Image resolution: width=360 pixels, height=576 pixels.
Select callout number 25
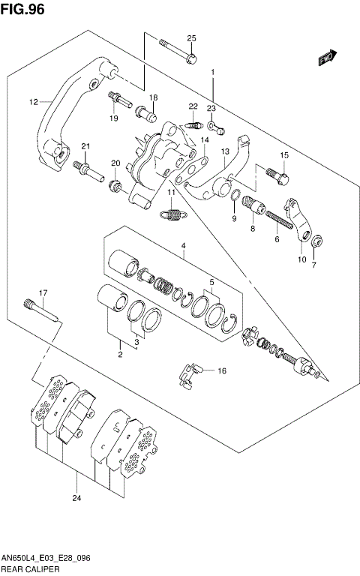[x=190, y=38]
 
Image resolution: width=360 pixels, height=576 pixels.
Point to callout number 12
[x=33, y=102]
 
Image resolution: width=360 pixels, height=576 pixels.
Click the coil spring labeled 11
[x=173, y=215]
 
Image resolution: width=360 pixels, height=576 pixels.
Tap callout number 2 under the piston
[x=119, y=355]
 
